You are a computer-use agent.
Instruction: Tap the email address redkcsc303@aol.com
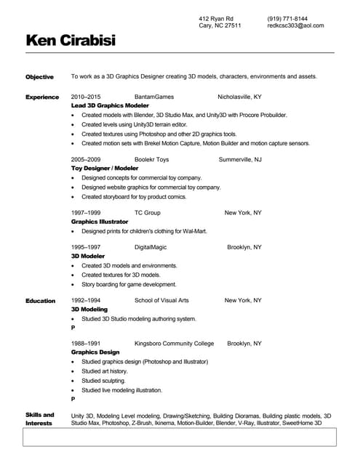[295, 25]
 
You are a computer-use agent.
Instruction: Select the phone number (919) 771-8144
[287, 18]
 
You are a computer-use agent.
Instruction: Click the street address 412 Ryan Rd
[216, 18]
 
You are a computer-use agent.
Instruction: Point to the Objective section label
[39, 76]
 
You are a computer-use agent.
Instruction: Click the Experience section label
[42, 97]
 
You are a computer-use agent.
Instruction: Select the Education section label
[41, 300]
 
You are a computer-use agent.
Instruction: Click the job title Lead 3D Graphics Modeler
[110, 105]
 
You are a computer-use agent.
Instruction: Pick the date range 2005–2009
[86, 159]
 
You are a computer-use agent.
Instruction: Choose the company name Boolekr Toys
[151, 159]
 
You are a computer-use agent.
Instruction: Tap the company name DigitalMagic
[151, 247]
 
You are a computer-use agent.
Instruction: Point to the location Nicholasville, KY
[239, 97]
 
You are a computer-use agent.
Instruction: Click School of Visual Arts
[161, 300]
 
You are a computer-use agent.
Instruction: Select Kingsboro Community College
[175, 343]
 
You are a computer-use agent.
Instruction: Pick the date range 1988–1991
[86, 343]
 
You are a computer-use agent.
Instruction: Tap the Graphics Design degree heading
[95, 352]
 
